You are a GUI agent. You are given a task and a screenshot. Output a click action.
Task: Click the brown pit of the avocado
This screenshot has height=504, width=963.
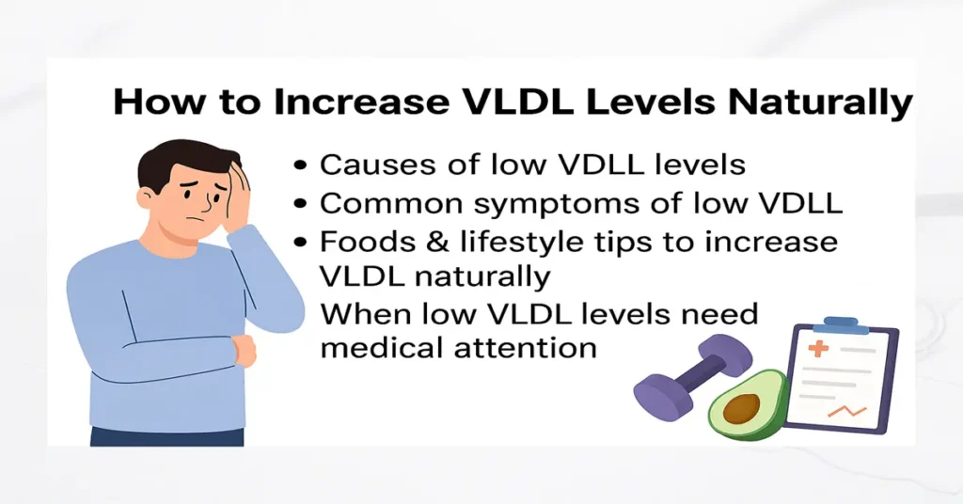pyautogui.click(x=742, y=408)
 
